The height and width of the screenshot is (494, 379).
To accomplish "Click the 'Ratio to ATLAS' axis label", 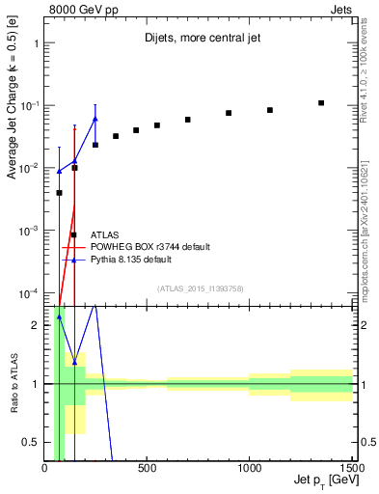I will coord(12,384).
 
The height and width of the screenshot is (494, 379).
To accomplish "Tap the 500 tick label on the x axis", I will coord(147,469).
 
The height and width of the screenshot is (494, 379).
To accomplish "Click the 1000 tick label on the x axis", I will coord(249,469).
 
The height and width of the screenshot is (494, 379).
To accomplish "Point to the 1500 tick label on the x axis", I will coord(351,469).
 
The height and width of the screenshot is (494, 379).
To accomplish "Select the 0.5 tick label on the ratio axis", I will coord(31,442).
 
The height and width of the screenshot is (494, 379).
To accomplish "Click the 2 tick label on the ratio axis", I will coord(35,325).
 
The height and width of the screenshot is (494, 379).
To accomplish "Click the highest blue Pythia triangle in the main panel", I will coord(95,119).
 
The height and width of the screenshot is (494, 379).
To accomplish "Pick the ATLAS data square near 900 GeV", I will coord(229,113).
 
